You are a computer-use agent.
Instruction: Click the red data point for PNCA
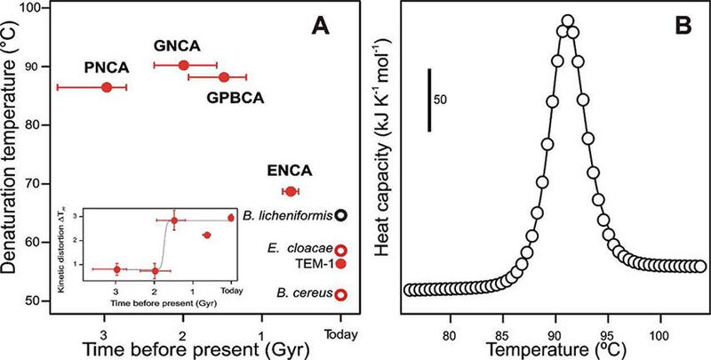tap(107, 87)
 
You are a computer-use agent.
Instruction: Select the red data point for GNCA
tap(184, 65)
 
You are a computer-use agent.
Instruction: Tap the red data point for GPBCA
tap(224, 77)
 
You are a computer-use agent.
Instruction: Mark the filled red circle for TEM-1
tap(341, 264)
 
